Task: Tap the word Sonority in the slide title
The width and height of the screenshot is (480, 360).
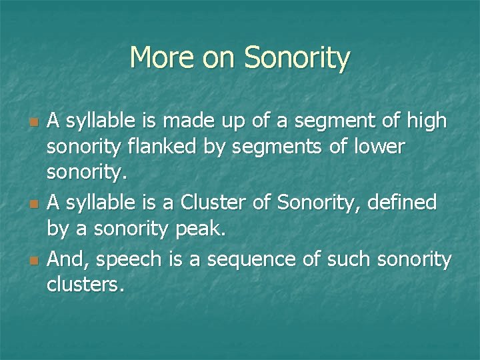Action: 297,59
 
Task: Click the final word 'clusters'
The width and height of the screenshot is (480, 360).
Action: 85,285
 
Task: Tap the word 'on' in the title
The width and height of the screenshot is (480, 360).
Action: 217,59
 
